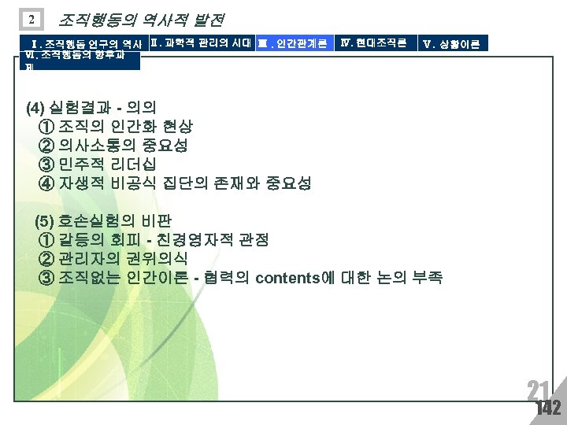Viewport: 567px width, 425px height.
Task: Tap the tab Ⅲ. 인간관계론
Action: pos(293,42)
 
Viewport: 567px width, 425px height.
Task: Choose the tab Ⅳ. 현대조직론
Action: pos(373,42)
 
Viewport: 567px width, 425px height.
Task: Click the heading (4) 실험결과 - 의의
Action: pos(102,108)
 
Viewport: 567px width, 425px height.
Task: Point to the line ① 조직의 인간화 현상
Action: pos(115,127)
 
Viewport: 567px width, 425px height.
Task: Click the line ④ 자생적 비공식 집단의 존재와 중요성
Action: pos(174,183)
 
